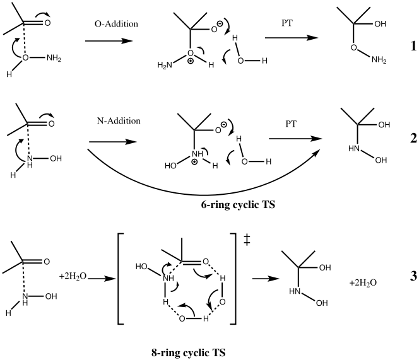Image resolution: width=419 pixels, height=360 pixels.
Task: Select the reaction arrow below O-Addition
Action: [109, 41]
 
